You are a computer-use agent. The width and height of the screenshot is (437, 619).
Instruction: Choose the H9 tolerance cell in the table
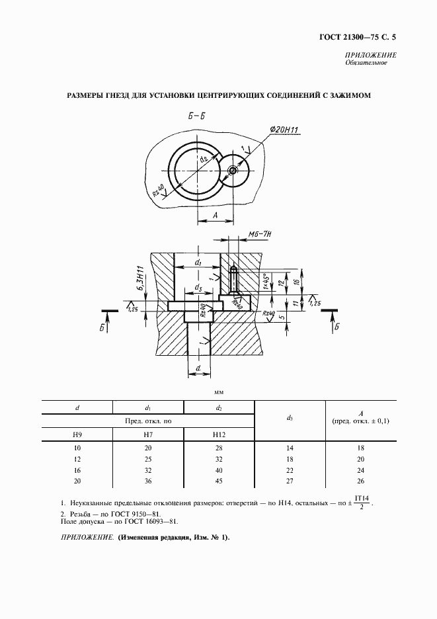pos(77,434)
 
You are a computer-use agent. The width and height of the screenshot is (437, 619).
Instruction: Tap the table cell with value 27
pos(290,481)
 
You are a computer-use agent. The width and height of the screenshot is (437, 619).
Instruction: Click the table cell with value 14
pos(290,448)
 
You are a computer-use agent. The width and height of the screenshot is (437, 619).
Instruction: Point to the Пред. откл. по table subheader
pos(148,420)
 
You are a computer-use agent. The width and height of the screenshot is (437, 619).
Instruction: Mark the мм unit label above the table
pos(218,393)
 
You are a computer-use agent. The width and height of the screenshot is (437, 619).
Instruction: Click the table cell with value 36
pos(148,481)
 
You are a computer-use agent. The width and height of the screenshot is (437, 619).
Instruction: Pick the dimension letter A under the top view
pos(216,216)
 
